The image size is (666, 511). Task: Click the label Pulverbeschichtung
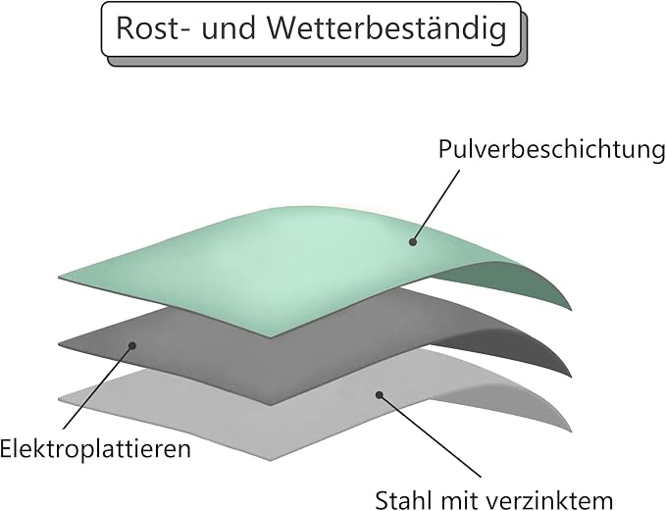pos(551,150)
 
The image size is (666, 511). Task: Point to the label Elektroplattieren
pos(95,449)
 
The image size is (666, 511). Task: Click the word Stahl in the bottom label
pos(404,500)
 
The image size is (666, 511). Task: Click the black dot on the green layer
pos(412,242)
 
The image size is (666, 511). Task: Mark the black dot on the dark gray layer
pos(132,346)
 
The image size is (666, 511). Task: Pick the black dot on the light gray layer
pos(380,394)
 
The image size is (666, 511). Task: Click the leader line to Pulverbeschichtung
pos(435,206)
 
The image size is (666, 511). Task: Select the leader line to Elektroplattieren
pos(97,387)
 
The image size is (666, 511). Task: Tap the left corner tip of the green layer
pos(59,278)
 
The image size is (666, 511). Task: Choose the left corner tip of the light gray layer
pos(59,399)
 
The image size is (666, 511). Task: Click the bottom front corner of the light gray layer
pos(270,460)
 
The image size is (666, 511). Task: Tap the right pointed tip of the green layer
pos(571,311)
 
